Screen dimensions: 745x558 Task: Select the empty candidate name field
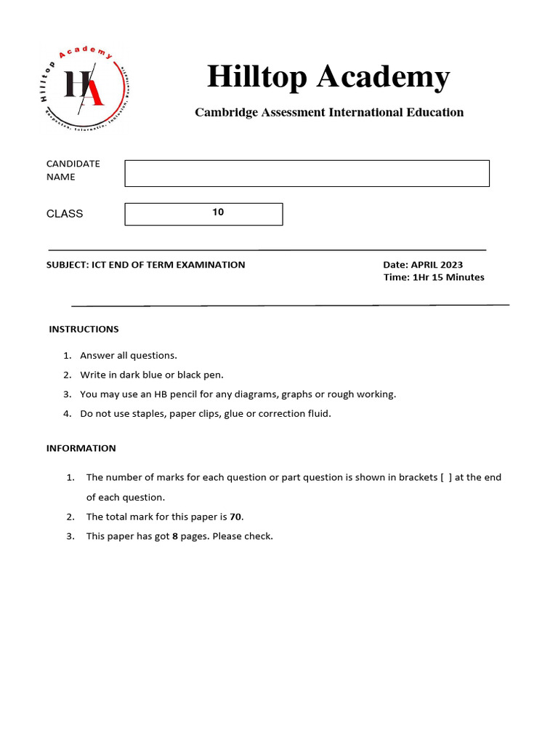coord(307,173)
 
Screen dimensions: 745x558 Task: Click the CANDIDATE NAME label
coord(73,170)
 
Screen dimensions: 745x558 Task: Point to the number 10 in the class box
coord(218,212)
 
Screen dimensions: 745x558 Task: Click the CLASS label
coord(65,214)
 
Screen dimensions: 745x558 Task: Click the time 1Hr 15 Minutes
coord(448,277)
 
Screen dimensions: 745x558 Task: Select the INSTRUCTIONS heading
coord(84,330)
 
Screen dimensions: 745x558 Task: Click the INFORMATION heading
coord(81,448)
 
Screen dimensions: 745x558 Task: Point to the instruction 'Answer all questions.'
coord(129,356)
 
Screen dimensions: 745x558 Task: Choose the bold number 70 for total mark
coord(235,517)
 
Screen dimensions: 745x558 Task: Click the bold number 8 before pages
coord(175,537)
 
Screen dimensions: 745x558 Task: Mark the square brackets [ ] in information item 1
coord(447,478)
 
